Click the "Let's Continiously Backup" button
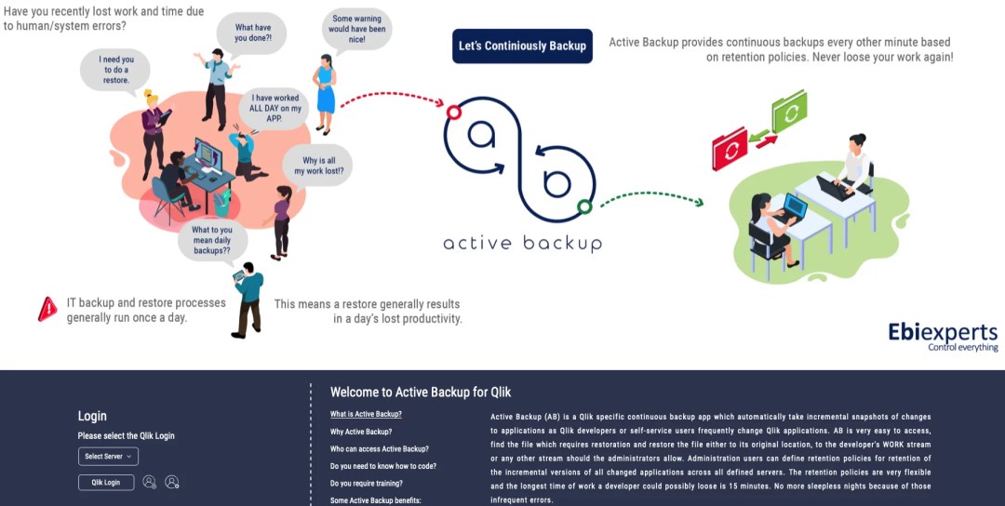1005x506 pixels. [522, 46]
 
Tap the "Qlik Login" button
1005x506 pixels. [105, 482]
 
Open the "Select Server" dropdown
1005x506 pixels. [108, 456]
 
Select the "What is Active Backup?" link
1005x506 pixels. [366, 414]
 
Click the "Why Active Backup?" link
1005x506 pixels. [360, 432]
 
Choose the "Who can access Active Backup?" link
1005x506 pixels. [379, 449]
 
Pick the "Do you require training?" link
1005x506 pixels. [366, 484]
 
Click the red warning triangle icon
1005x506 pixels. [47, 310]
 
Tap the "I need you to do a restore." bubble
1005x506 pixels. [115, 68]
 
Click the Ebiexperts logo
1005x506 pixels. [942, 336]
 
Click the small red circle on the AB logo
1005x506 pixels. [454, 113]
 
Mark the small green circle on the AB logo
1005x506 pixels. [584, 206]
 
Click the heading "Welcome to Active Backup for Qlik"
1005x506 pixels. [421, 393]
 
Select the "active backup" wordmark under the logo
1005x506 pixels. [522, 244]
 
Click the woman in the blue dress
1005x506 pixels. [326, 93]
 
